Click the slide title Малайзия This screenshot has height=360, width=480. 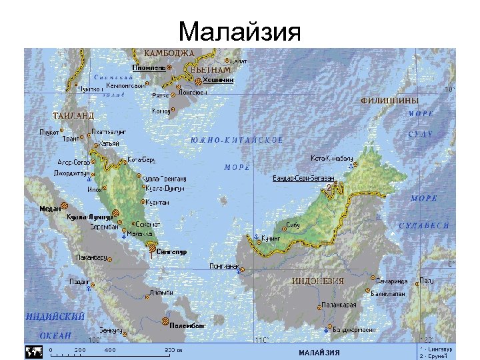click(x=240, y=31)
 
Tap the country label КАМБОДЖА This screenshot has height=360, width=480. click(x=169, y=53)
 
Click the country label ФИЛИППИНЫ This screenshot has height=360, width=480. click(x=389, y=100)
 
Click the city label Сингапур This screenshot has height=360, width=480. click(x=173, y=252)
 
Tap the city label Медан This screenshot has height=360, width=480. click(x=50, y=208)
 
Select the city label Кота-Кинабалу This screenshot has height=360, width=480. click(x=332, y=158)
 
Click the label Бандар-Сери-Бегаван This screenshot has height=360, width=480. click(x=303, y=179)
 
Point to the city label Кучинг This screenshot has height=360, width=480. click(x=270, y=237)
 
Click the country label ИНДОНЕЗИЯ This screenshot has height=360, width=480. click(x=317, y=281)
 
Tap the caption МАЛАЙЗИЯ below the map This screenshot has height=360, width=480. click(x=318, y=352)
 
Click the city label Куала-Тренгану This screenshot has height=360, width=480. click(x=165, y=179)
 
